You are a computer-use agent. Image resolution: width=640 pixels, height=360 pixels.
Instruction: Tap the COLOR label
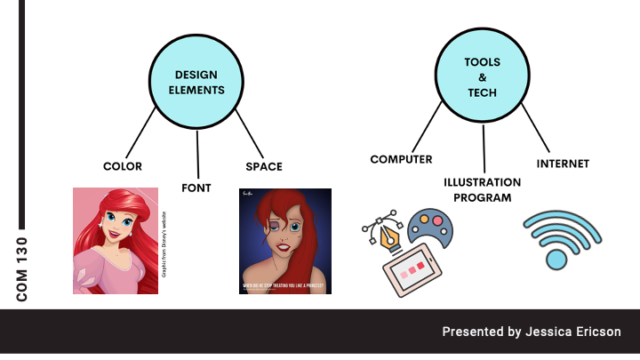tap(123, 166)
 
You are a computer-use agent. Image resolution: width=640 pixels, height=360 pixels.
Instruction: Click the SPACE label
tap(263, 166)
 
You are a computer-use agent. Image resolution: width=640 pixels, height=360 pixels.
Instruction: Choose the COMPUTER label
tap(401, 160)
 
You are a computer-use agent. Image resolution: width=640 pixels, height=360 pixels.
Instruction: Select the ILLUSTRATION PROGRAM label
tap(483, 189)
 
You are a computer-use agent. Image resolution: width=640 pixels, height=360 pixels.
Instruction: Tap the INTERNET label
tap(563, 164)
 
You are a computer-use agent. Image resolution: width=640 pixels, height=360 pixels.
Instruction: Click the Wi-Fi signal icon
tap(560, 239)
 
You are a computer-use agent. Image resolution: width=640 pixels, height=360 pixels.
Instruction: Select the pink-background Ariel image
tap(115, 240)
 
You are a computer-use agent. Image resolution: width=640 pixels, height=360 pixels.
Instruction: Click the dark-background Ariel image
tap(284, 240)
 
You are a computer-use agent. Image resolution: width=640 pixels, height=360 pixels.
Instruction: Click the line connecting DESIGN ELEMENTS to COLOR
tap(141, 133)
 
